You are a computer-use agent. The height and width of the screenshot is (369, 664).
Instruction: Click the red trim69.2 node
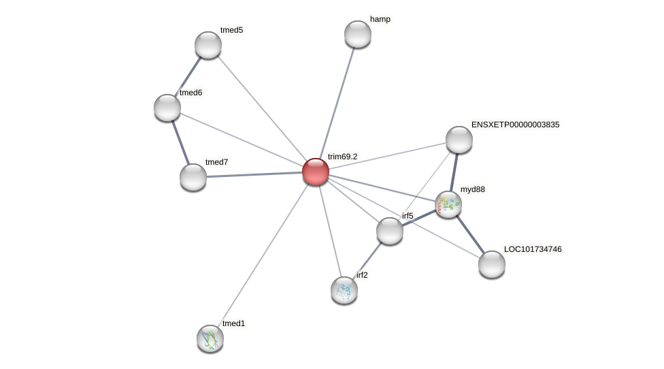pyautogui.click(x=316, y=172)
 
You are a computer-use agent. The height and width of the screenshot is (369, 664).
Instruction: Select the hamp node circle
pyautogui.click(x=358, y=34)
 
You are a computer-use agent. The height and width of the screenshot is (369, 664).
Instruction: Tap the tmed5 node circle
pyautogui.click(x=208, y=45)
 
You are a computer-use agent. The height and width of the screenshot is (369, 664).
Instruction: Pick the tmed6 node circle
pyautogui.click(x=167, y=108)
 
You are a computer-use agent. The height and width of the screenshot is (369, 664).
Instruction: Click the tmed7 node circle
pyautogui.click(x=193, y=177)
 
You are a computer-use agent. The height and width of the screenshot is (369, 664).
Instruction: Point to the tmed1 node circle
pyautogui.click(x=210, y=338)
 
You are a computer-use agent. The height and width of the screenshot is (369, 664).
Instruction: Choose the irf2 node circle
pyautogui.click(x=344, y=290)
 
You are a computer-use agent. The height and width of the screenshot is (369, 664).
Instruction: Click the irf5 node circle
pyautogui.click(x=390, y=231)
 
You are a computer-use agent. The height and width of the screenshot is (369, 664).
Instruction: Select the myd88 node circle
pyautogui.click(x=448, y=204)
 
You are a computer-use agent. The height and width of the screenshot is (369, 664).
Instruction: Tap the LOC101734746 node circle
pyautogui.click(x=492, y=264)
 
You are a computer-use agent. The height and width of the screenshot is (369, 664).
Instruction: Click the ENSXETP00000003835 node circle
pyautogui.click(x=459, y=140)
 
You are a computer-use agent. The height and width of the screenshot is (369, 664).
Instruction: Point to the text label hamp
pyautogui.click(x=380, y=19)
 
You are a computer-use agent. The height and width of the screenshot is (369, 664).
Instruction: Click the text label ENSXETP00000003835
pyautogui.click(x=515, y=125)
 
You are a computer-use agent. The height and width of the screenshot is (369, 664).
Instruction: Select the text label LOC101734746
pyautogui.click(x=533, y=249)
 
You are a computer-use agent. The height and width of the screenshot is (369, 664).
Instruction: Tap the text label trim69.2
pyautogui.click(x=342, y=157)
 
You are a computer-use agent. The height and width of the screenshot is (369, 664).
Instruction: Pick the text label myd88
pyautogui.click(x=473, y=189)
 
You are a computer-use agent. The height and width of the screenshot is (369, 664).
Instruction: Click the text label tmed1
pyautogui.click(x=233, y=323)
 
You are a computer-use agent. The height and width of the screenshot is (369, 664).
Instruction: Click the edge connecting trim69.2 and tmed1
pyautogui.click(x=263, y=255)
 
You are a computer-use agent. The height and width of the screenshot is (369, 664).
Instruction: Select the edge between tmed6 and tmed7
pyautogui.click(x=180, y=142)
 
